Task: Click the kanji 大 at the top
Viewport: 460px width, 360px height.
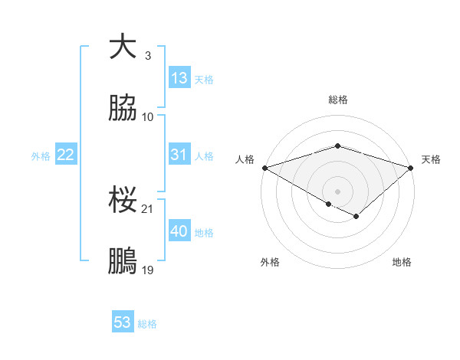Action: click(x=123, y=47)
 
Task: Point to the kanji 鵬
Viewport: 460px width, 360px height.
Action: click(x=123, y=261)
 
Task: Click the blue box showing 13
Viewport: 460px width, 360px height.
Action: click(x=179, y=78)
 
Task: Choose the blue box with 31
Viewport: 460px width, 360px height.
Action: click(x=179, y=155)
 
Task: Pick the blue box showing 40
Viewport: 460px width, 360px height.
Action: click(x=179, y=231)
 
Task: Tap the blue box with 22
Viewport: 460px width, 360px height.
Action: click(x=66, y=155)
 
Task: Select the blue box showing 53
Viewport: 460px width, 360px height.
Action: click(x=123, y=322)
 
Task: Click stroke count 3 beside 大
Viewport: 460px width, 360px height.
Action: click(x=148, y=56)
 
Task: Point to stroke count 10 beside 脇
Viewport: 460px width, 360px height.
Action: click(x=148, y=117)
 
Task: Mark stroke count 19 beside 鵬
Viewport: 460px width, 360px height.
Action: click(x=148, y=270)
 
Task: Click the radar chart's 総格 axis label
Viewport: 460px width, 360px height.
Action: click(x=337, y=100)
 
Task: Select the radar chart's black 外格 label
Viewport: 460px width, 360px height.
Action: click(x=270, y=262)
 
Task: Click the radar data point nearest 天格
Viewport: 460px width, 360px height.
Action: click(x=411, y=167)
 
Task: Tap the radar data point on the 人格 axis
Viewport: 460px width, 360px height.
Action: click(x=264, y=167)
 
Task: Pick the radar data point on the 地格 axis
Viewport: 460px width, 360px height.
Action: click(x=356, y=217)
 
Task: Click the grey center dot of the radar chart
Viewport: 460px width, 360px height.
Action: click(x=337, y=191)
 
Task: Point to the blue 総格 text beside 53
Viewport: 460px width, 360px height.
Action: click(x=147, y=323)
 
